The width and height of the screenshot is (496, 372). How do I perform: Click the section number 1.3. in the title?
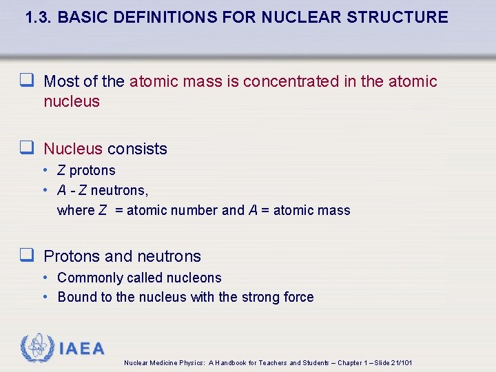[39, 17]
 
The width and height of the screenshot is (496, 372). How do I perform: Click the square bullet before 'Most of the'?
[28, 81]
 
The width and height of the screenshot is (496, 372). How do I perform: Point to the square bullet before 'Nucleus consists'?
[28, 149]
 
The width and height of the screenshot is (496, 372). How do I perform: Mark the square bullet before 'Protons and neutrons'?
[28, 256]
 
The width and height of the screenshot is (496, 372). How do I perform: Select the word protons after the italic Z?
[92, 170]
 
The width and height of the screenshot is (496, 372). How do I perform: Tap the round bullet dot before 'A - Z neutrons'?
[45, 190]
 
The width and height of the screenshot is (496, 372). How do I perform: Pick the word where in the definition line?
[76, 210]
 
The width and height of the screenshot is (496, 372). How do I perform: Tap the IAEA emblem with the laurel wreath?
[38, 349]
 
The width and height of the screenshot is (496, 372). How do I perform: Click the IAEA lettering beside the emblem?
[82, 349]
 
